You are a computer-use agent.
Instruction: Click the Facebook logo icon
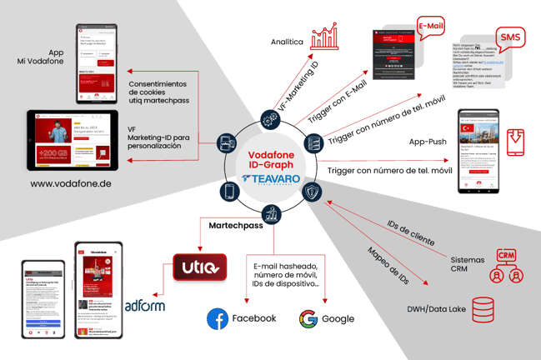tap(218, 317)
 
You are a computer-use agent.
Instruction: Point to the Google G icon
tap(308, 317)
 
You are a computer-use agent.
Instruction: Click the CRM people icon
tap(505, 267)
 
